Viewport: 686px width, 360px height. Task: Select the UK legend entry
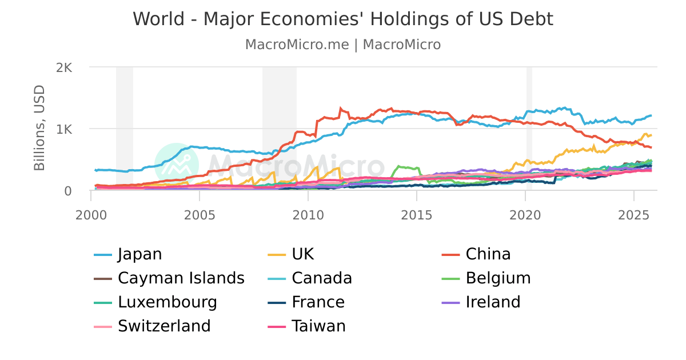pos(302,254)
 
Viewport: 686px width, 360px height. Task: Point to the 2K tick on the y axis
pos(63,67)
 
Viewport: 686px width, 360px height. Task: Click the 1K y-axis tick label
pos(63,129)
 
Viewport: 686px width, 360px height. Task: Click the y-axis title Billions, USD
pos(39,128)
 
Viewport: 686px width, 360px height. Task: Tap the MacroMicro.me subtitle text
pos(297,45)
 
